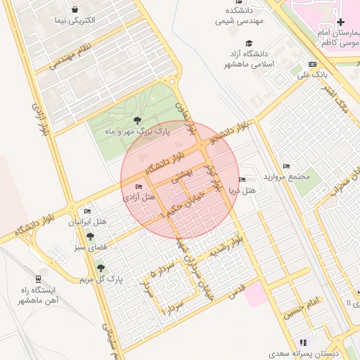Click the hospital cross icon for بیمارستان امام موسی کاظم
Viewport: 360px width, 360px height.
coord(340,22)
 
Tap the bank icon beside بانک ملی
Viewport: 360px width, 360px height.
coord(312,65)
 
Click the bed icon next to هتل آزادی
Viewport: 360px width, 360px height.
coord(139,186)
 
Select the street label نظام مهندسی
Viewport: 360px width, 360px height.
coord(72,56)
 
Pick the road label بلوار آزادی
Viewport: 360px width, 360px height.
coord(39,115)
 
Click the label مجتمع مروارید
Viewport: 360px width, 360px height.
coord(286,176)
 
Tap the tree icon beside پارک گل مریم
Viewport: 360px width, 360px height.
coord(100,267)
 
